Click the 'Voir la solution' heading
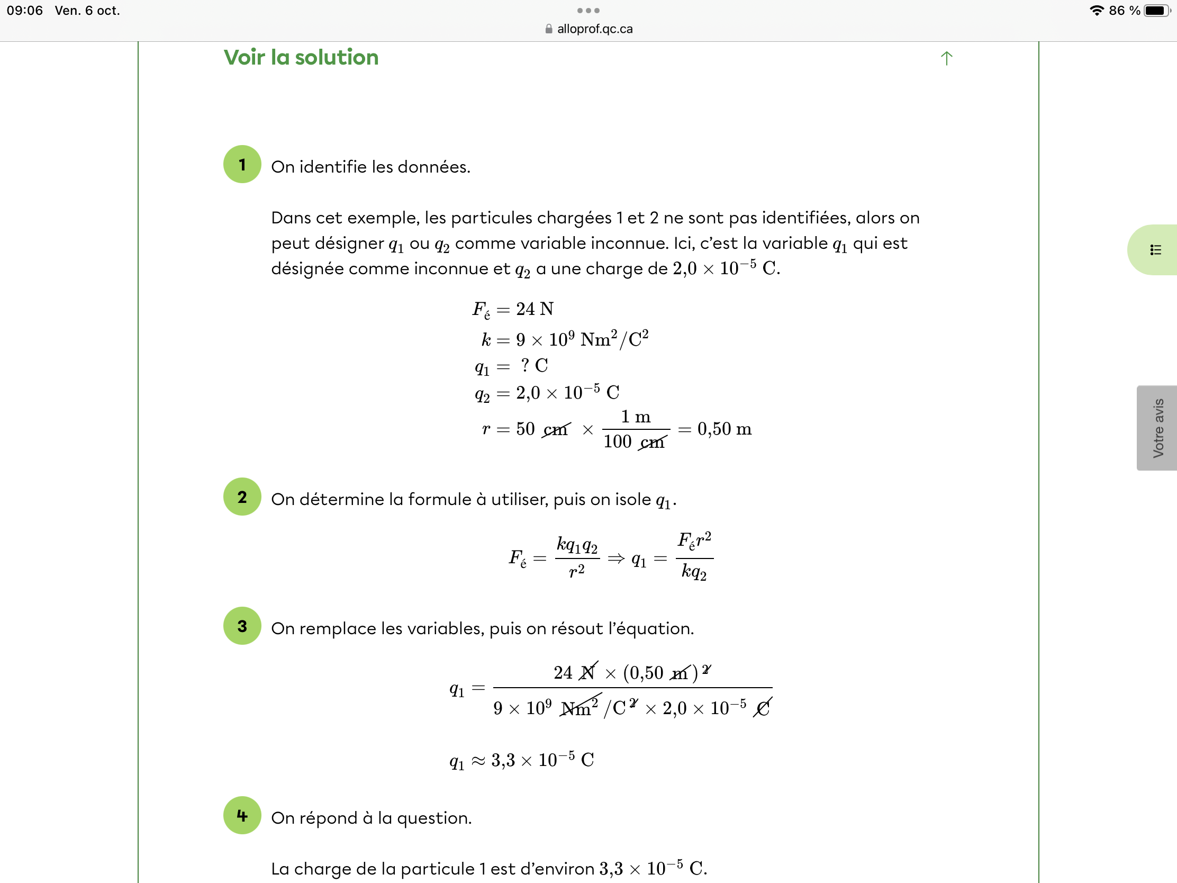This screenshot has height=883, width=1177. pyautogui.click(x=301, y=58)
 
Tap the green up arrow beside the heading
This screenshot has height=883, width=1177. pyautogui.click(x=946, y=58)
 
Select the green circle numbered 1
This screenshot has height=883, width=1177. pyautogui.click(x=242, y=165)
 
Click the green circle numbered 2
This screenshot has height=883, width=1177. pyautogui.click(x=242, y=497)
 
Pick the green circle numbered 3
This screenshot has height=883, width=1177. pyautogui.click(x=242, y=626)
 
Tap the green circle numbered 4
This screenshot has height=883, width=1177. pyautogui.click(x=242, y=815)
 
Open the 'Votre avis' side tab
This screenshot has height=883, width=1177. pyautogui.click(x=1157, y=428)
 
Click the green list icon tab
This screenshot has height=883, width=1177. pyautogui.click(x=1155, y=250)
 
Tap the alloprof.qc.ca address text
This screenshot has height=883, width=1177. pyautogui.click(x=594, y=29)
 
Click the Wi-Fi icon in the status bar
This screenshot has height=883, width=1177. pyautogui.click(x=1096, y=11)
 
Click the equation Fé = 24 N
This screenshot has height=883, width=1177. pyautogui.click(x=513, y=309)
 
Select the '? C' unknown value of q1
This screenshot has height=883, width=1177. pyautogui.click(x=534, y=366)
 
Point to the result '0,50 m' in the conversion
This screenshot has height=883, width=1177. pyautogui.click(x=724, y=429)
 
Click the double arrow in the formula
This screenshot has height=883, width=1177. pyautogui.click(x=615, y=558)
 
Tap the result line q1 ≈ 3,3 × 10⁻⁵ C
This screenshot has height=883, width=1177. pyautogui.click(x=521, y=760)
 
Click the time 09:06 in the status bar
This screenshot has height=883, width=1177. pyautogui.click(x=24, y=11)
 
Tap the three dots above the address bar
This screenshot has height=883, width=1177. pyautogui.click(x=588, y=11)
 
